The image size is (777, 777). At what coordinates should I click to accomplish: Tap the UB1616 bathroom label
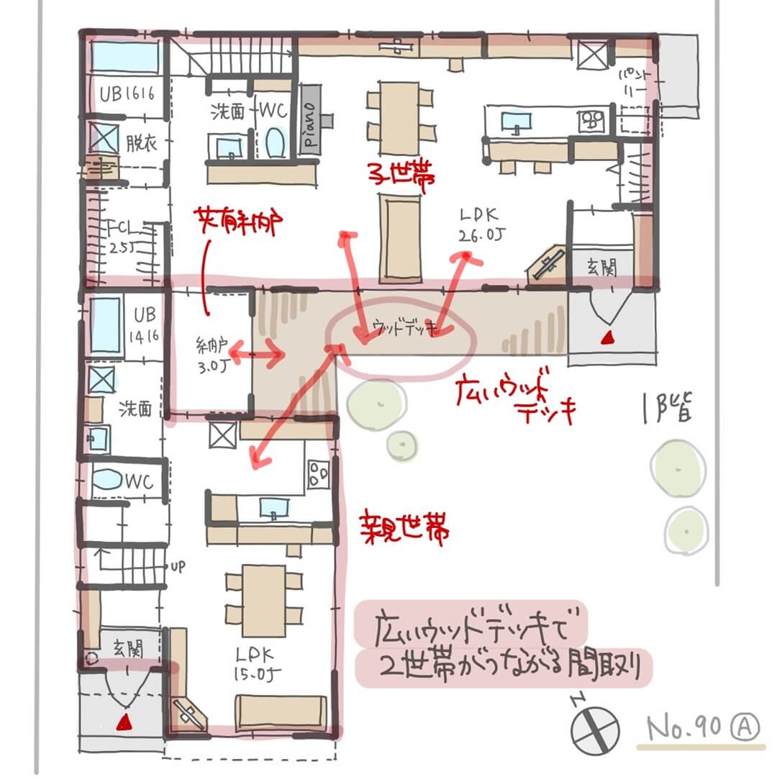127,94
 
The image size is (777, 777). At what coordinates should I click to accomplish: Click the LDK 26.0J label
476,224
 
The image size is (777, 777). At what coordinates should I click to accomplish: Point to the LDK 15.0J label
256,665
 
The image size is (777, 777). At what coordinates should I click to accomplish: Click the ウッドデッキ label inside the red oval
400,328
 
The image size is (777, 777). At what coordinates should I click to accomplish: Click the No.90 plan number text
683,728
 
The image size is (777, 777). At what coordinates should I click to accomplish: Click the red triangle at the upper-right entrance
608,336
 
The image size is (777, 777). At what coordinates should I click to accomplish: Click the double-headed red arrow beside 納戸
255,355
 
